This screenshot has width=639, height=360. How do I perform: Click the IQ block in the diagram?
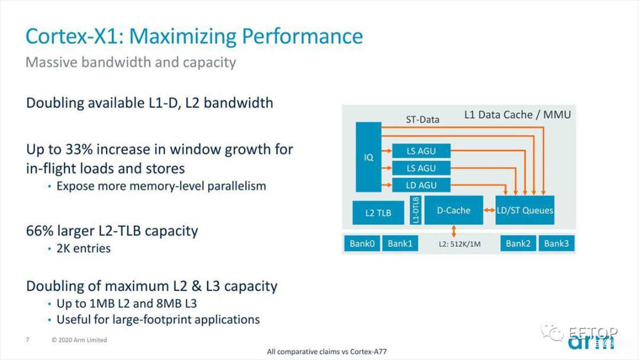(x=369, y=157)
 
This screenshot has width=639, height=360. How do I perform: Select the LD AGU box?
(x=421, y=185)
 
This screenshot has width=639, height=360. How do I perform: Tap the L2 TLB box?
(x=378, y=213)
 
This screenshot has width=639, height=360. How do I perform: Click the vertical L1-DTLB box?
(x=415, y=210)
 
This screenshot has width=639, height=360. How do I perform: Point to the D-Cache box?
(x=454, y=210)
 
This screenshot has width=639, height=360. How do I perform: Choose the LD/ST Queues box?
(x=525, y=210)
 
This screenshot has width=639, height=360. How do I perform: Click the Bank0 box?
(x=362, y=243)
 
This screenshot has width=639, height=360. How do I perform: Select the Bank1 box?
(x=400, y=243)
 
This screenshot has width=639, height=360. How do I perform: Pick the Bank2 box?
(x=518, y=243)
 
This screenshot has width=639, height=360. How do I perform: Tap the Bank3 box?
(x=556, y=243)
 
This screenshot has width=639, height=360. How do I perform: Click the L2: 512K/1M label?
(x=459, y=244)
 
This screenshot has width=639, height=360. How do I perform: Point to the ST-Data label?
(x=422, y=120)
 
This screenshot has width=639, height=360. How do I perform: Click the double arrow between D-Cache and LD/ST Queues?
(x=489, y=210)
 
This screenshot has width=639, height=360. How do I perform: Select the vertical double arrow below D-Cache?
(x=454, y=231)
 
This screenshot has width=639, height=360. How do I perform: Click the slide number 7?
(x=27, y=340)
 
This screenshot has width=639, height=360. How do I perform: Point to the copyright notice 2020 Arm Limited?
(x=79, y=340)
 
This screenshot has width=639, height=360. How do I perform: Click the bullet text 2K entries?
(x=83, y=248)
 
